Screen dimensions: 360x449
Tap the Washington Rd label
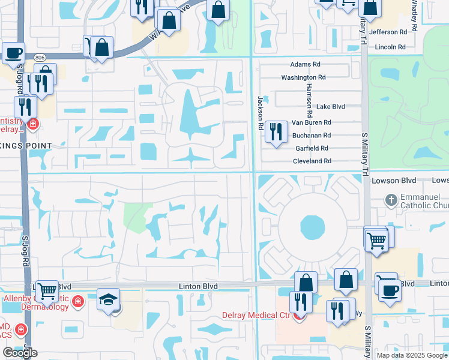pos(303,77)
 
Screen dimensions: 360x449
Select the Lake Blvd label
pos(331,106)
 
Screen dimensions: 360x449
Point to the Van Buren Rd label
pos(311,122)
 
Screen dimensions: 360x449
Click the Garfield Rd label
pos(312,148)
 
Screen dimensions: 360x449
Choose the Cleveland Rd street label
pos(312,161)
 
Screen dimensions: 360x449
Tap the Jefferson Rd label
pos(388,32)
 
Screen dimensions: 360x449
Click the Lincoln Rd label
pos(390,47)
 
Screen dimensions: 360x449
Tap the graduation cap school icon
pos(109,299)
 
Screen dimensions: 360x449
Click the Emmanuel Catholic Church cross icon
pos(391,200)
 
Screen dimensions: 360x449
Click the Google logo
pos(20,352)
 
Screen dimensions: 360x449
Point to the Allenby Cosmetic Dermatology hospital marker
pos(77,301)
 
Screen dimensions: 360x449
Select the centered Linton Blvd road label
pos(198,287)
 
